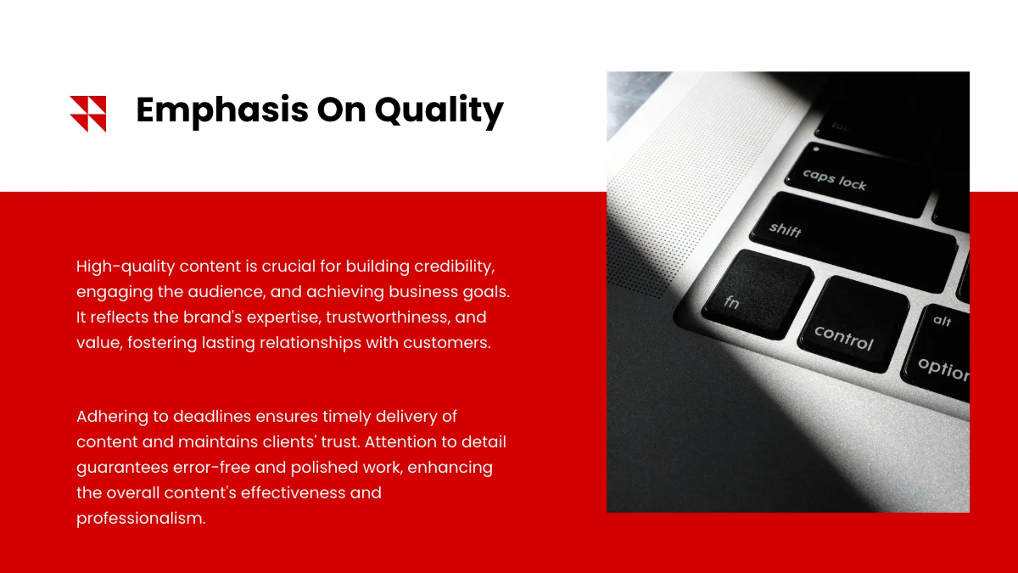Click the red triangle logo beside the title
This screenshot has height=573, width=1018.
point(87,114)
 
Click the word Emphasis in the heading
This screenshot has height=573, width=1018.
point(222,110)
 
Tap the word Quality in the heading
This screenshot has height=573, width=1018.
point(439,110)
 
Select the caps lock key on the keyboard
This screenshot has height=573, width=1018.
point(859,180)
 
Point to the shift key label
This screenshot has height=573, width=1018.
point(785,230)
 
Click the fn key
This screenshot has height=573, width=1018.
point(757,295)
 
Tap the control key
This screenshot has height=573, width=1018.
point(853,323)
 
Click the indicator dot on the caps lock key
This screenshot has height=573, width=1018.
point(816,149)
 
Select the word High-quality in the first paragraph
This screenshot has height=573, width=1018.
point(126,267)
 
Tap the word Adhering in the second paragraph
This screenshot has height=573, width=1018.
point(112,417)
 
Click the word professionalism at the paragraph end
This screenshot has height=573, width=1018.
point(141,519)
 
